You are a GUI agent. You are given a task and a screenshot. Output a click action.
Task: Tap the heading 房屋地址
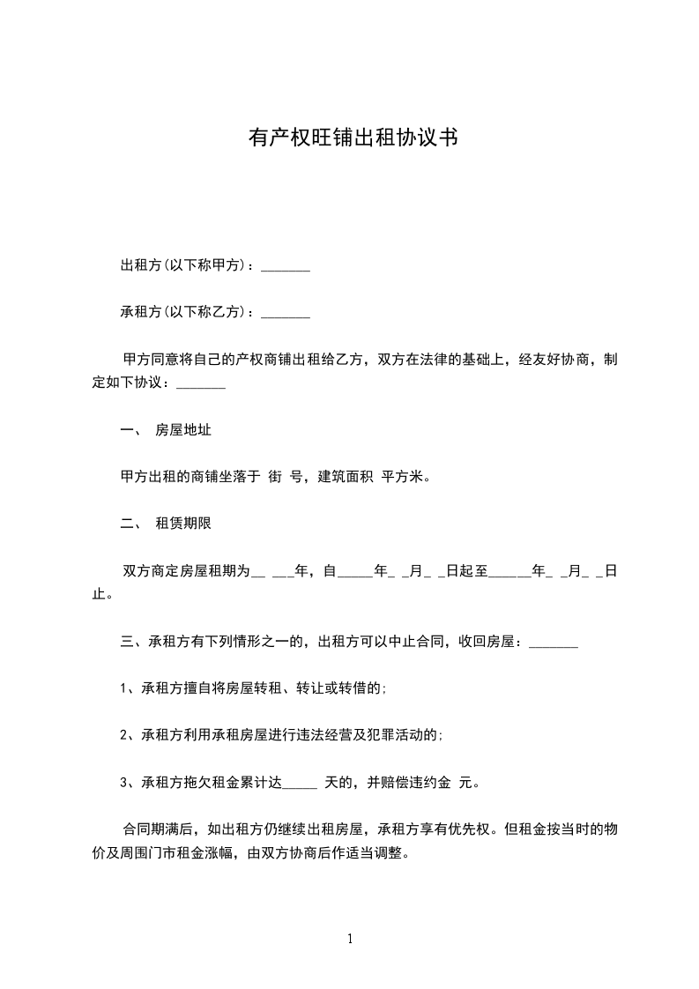pyautogui.click(x=183, y=431)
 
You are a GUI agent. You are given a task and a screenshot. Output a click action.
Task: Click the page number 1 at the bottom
pyautogui.click(x=350, y=939)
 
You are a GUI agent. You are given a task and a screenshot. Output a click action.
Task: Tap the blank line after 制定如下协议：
pyautogui.click(x=201, y=385)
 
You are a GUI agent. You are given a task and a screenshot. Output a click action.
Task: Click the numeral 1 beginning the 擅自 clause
pyautogui.click(x=124, y=688)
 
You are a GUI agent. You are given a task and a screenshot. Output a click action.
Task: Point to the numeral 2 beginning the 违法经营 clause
pyautogui.click(x=124, y=734)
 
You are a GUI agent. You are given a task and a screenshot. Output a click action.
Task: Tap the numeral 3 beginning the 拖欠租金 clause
pyautogui.click(x=124, y=781)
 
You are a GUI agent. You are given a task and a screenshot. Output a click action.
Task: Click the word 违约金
pyautogui.click(x=431, y=781)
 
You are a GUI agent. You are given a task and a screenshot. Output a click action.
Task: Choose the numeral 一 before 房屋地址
pyautogui.click(x=125, y=431)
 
